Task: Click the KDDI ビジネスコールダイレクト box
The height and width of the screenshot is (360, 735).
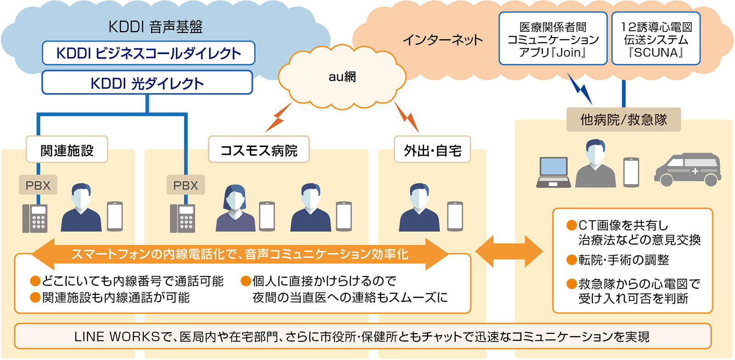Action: tap(148, 53)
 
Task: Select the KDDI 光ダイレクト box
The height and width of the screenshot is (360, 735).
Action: tap(147, 83)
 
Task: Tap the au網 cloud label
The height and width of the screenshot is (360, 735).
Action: tap(342, 77)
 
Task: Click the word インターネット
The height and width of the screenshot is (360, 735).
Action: tap(442, 40)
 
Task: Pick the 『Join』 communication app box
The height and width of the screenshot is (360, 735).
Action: tap(553, 39)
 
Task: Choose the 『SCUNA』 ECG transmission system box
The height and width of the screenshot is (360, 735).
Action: tap(656, 39)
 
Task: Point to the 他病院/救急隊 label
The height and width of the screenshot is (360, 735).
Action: tap(623, 120)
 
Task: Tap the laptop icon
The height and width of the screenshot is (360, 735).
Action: tap(554, 173)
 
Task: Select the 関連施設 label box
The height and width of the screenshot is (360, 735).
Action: tap(67, 150)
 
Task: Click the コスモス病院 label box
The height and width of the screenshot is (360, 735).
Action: tap(259, 150)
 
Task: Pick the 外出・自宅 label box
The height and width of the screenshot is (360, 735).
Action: tap(432, 150)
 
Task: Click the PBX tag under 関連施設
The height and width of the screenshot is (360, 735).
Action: tap(38, 186)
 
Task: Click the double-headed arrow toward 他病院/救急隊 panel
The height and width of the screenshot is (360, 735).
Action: tap(509, 251)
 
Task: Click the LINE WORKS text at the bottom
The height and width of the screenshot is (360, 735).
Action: tap(117, 337)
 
